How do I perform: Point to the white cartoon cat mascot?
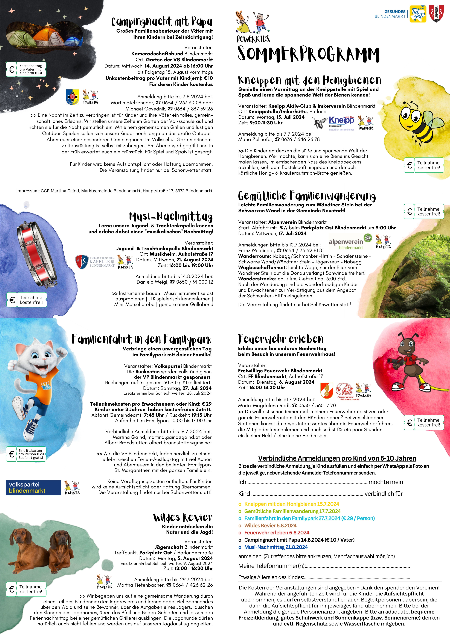coord(37,388)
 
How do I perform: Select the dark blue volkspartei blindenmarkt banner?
coord(33,488)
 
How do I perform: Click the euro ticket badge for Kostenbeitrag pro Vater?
coord(26,69)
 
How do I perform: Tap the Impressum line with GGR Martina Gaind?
coord(114,191)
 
